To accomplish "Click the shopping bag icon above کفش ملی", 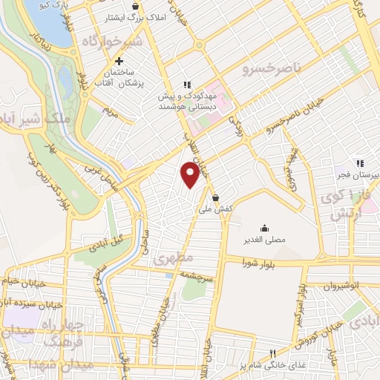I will point(215,197).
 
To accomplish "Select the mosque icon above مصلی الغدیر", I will point(263,228).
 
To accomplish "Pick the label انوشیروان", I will point(344,284).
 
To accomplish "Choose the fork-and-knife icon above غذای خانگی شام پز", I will point(272,353).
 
